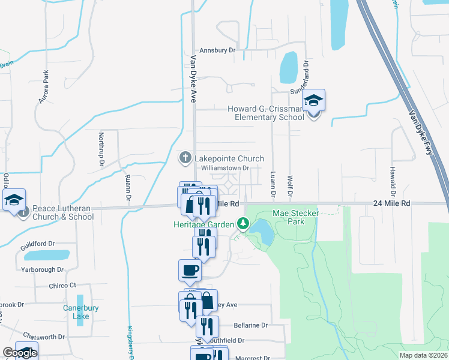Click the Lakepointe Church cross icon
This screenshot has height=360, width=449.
pyautogui.click(x=185, y=158)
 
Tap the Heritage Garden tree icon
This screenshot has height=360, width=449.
pyautogui.click(x=243, y=224)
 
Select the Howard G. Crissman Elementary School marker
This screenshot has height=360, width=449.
pyautogui.click(x=313, y=101)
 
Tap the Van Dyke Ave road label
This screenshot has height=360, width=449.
pyautogui.click(x=193, y=79)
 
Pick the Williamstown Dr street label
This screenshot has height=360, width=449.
pyautogui.click(x=224, y=169)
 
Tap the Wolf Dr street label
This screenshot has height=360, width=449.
pyautogui.click(x=289, y=185)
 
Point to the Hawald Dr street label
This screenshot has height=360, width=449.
pyautogui.click(x=392, y=181)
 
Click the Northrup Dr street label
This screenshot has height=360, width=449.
pyautogui.click(x=101, y=150)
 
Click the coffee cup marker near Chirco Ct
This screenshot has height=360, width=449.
pyautogui.click(x=190, y=270)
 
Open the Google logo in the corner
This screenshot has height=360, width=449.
pyautogui.click(x=20, y=353)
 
